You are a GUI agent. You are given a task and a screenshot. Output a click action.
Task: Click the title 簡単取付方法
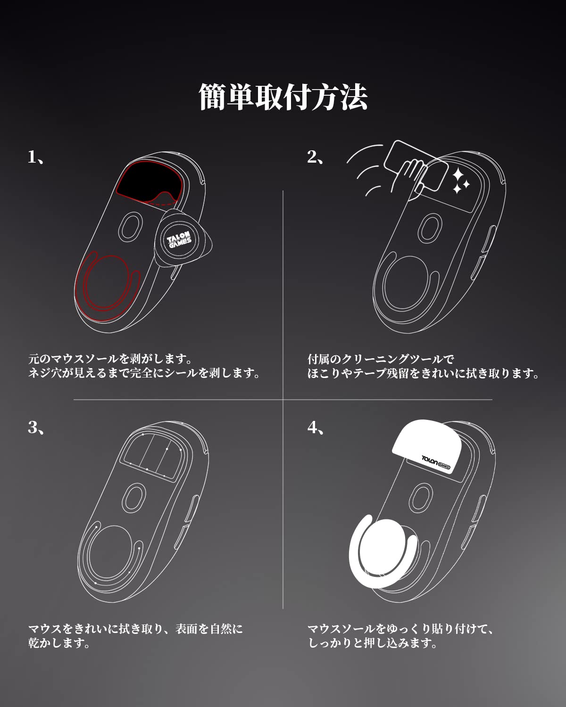(283, 97)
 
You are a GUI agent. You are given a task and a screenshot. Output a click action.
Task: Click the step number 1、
(36, 157)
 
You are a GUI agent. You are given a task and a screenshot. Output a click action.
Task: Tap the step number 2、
(316, 157)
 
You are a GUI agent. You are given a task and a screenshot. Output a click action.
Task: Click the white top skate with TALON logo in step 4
(424, 445)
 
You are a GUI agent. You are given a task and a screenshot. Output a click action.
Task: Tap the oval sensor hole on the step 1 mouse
(130, 226)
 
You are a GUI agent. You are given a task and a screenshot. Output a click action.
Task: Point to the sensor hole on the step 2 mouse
(430, 228)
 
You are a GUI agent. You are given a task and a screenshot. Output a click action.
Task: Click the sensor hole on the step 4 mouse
(421, 498)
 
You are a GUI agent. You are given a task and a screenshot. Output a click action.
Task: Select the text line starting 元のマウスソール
(110, 359)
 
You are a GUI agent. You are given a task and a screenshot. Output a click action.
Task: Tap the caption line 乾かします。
(59, 643)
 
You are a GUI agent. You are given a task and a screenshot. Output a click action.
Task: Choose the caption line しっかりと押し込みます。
(373, 643)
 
